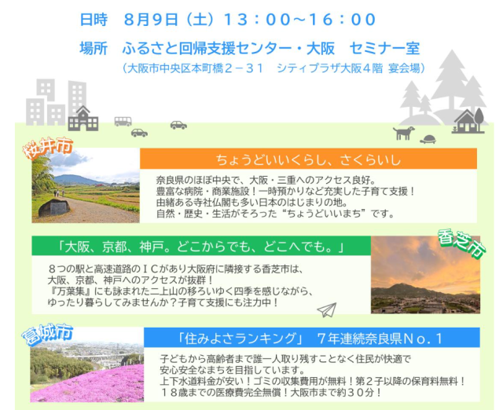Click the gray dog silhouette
coord(403,133)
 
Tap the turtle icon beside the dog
coord(428,139)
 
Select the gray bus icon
coord(123,121)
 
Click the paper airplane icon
coord(327,309)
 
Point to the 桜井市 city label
coord(48,148)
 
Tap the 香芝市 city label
coord(462,243)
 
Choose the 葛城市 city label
coord(47,335)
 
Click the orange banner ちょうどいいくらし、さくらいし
coord(308,159)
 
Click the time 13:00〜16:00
coord(300,20)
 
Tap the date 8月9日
coord(151,20)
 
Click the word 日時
coord(94,20)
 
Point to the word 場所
coord(94,49)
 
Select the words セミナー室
coord(384,49)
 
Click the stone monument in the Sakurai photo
coord(54,207)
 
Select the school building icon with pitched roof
coord(83,119)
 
